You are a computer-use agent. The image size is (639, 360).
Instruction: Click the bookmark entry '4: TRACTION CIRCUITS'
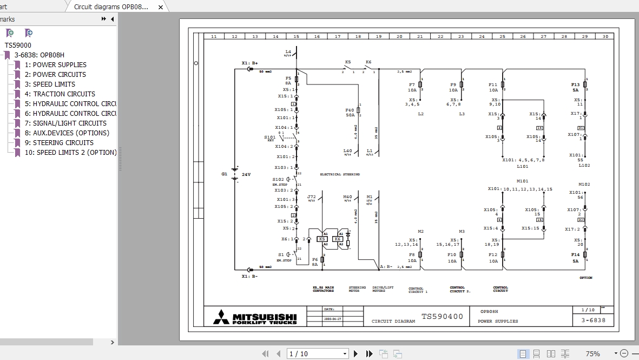[64, 94]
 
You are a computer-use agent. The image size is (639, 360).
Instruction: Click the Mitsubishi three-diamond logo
[221, 317]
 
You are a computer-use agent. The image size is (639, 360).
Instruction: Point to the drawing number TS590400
[442, 317]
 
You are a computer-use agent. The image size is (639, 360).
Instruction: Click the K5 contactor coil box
[322, 239]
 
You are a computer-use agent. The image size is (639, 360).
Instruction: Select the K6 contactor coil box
[338, 239]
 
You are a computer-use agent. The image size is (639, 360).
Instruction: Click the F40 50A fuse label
[350, 113]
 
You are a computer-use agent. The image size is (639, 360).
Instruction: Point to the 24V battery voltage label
[246, 174]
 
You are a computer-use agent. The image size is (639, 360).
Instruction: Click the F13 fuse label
[575, 85]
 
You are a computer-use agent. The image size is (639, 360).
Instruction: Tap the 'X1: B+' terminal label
[249, 63]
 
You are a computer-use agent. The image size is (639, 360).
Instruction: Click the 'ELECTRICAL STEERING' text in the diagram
[340, 174]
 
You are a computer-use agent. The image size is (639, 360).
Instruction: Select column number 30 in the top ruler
[605, 36]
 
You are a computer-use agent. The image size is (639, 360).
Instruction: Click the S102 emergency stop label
[278, 179]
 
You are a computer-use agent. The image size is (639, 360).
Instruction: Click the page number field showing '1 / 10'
[317, 354]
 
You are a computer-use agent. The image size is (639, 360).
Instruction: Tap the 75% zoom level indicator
[592, 354]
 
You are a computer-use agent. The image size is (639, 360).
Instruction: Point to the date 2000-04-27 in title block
[332, 319]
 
